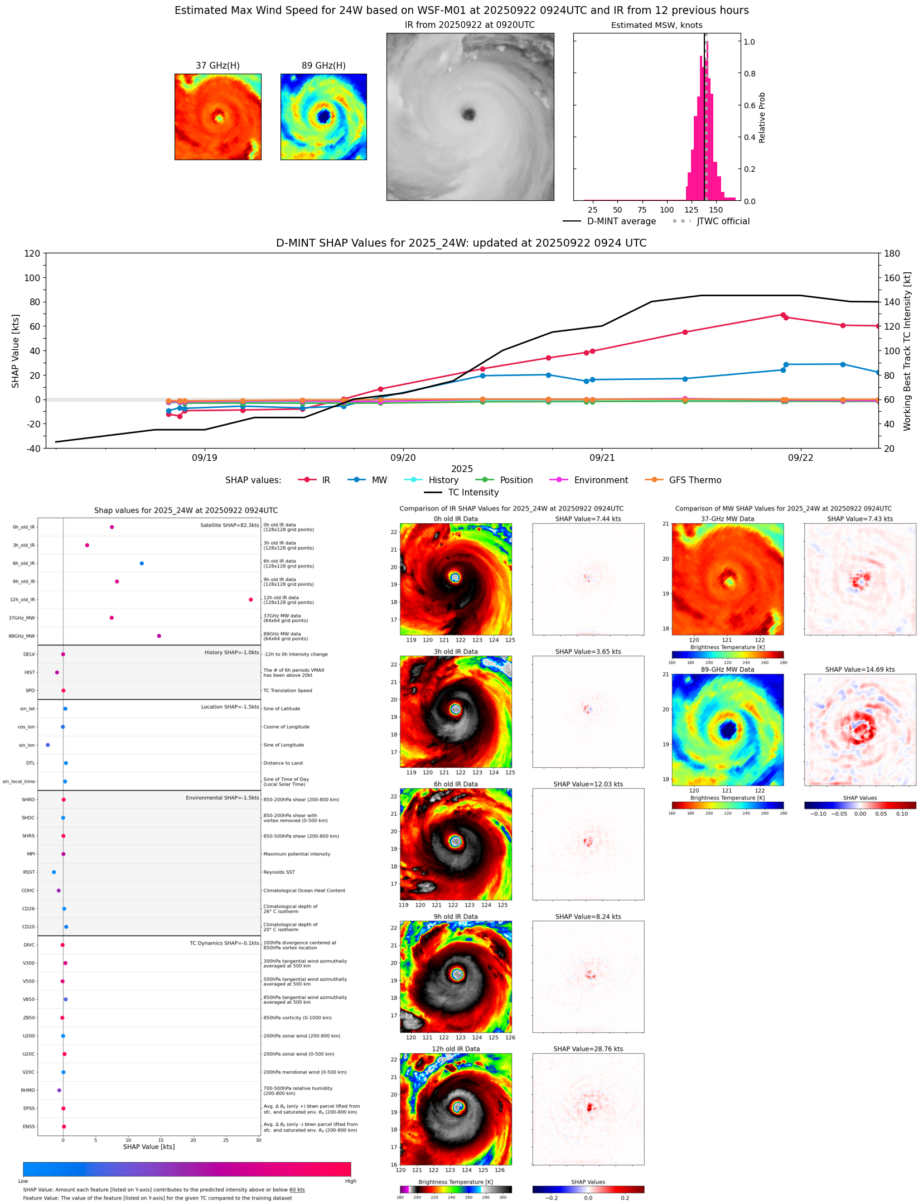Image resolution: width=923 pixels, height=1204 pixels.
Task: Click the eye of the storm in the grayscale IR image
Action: pyautogui.click(x=468, y=115)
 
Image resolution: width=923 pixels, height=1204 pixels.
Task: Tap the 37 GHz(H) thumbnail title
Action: pyautogui.click(x=218, y=66)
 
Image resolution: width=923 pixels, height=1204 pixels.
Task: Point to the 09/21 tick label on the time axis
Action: pyautogui.click(x=602, y=458)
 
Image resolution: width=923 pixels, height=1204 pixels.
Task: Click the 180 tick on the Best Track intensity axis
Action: pyautogui.click(x=892, y=253)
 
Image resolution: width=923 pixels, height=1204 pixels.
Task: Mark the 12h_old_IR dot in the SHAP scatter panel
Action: pyautogui.click(x=251, y=600)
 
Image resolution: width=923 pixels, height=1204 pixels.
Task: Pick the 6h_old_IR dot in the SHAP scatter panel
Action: pyautogui.click(x=142, y=564)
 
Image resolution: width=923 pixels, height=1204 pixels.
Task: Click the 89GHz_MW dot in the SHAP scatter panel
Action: pyautogui.click(x=159, y=636)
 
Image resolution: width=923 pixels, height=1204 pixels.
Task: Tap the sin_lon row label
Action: pyautogui.click(x=27, y=745)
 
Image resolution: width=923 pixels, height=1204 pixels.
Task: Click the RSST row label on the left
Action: pyautogui.click(x=28, y=872)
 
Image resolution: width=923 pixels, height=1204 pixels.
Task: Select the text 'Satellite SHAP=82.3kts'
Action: pyautogui.click(x=229, y=526)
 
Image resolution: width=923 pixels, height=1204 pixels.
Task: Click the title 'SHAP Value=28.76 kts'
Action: pyautogui.click(x=588, y=1049)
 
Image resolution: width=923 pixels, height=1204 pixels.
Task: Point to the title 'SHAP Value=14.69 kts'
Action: pyautogui.click(x=859, y=670)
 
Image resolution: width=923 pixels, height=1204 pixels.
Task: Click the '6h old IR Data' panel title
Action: pyautogui.click(x=456, y=784)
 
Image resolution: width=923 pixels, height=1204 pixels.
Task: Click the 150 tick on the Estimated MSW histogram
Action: pyautogui.click(x=716, y=210)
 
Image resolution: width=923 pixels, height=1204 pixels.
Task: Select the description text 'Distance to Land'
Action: pyautogui.click(x=283, y=763)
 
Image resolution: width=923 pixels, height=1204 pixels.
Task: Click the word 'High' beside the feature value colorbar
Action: pyautogui.click(x=350, y=1181)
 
